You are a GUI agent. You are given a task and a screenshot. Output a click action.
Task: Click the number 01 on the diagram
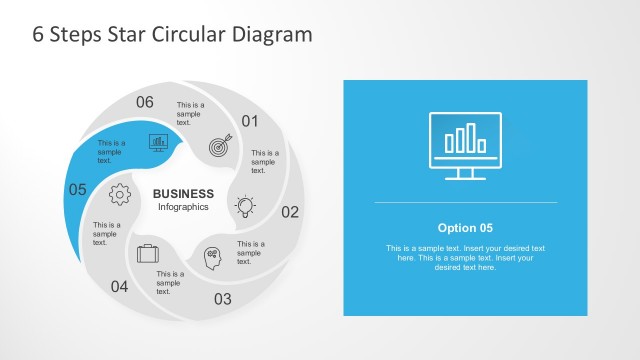coord(249,122)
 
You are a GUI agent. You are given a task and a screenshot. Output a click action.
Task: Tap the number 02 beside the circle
coord(290,212)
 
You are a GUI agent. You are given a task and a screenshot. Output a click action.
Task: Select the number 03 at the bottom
coord(222,298)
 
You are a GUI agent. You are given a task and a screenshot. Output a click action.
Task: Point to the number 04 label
coord(119,287)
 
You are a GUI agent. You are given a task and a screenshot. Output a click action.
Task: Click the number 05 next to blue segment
coord(77,188)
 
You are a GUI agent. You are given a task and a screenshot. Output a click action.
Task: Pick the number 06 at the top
coord(145,102)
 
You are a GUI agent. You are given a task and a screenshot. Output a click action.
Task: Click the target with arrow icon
coord(220,146)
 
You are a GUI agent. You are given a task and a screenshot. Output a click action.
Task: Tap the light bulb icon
coord(244,207)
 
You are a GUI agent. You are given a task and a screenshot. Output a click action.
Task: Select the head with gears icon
coord(215,257)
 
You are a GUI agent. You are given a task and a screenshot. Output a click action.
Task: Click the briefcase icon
coord(147,253)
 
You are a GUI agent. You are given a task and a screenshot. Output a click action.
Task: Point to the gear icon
coord(121,194)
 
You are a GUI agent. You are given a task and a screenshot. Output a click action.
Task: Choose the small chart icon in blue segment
coord(158,141)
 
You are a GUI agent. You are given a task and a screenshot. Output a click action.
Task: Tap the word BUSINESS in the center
coord(183,194)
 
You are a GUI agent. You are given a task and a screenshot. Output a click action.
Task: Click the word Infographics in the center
coord(183,207)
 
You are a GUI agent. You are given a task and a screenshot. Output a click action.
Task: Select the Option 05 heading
coord(465,227)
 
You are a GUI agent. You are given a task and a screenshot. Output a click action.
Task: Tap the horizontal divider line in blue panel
coord(465,202)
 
